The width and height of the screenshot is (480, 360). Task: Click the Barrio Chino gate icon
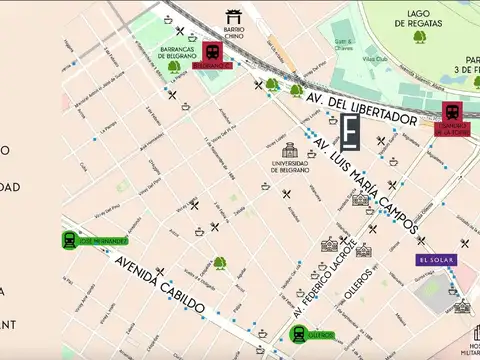click(234, 16)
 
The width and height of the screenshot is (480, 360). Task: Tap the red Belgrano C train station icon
click(212, 51)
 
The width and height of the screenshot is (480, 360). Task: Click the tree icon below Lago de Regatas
click(419, 37)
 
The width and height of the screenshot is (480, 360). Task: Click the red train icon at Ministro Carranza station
click(451, 111)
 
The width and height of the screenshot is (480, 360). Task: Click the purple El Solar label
click(436, 260)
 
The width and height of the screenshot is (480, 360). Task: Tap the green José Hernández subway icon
click(69, 240)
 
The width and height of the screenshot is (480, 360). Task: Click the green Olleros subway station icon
click(298, 334)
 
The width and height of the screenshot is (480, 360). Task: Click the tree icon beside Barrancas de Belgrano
click(174, 67)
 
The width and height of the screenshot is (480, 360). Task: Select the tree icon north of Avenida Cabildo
click(219, 264)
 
